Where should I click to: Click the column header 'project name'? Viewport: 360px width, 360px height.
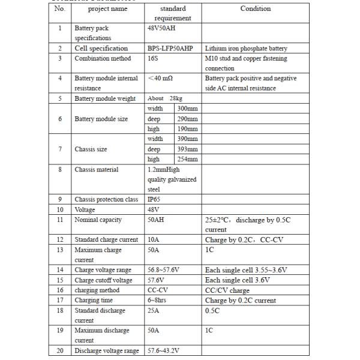point(107,9)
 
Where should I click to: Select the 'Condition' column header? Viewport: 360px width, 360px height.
point(255,9)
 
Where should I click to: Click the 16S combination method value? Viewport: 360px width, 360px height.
point(154,58)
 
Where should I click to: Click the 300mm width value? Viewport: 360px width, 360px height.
point(188,109)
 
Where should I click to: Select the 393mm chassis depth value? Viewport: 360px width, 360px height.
point(188,149)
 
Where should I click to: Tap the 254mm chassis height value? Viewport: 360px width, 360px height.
point(188,159)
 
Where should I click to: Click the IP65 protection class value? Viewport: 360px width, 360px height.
point(154,199)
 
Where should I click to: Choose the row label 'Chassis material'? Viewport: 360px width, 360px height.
point(97,169)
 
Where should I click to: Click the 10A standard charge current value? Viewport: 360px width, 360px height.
point(154,240)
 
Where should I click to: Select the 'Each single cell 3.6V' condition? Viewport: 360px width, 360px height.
point(238,280)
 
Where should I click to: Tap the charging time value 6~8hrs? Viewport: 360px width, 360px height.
point(158,300)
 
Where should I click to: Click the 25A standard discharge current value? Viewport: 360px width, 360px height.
point(154,310)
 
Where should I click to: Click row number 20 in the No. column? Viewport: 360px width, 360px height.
point(60,350)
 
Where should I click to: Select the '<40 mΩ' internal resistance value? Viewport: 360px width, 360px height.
point(161,79)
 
